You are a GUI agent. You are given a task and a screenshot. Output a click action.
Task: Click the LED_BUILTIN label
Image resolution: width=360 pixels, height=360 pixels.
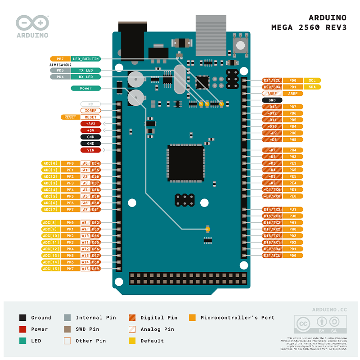85,59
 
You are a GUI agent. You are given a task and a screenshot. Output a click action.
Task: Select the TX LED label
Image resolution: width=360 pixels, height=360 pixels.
85,71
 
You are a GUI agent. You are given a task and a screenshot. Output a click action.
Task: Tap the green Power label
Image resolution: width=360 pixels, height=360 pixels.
85,88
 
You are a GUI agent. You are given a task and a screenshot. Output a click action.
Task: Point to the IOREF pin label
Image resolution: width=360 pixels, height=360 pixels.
90,111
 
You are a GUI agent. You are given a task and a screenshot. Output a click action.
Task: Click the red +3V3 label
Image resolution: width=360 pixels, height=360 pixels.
90,124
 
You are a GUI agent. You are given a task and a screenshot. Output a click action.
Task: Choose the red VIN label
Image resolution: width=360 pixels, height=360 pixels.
90,150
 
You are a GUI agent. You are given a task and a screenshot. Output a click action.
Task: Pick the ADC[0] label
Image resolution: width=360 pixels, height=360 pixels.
50,163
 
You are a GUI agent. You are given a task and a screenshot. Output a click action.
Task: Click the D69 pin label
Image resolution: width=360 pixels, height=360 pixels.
95,269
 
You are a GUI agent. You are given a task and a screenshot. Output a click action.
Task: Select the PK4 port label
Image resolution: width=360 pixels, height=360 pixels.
70,249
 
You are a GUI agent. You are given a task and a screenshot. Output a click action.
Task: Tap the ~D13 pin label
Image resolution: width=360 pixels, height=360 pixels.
272,107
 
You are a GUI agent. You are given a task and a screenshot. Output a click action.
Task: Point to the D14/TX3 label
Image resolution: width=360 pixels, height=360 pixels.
272,209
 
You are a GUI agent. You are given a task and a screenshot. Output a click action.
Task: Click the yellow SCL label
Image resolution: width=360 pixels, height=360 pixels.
312,81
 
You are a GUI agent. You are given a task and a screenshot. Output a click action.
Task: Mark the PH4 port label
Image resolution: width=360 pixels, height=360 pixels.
292,150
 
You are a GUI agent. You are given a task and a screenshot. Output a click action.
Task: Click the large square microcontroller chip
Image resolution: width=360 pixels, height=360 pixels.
186,162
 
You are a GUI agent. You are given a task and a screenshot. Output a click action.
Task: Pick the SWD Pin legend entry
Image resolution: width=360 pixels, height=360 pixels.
87,329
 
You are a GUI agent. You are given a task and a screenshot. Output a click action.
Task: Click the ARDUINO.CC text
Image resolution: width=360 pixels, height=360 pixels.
329,310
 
